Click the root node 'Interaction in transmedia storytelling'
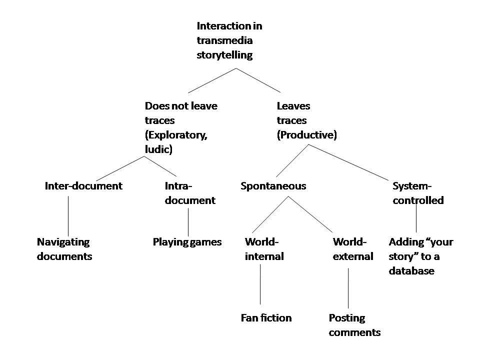[x=229, y=40]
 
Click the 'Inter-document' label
[x=83, y=186]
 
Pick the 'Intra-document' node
[x=189, y=193]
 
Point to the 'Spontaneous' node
[x=273, y=186]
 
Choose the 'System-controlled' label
[x=417, y=193]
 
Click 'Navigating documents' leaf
[x=64, y=249]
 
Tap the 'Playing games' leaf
[x=186, y=242]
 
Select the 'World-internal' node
[x=263, y=249]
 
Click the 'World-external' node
[x=352, y=249]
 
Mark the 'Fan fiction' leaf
[x=265, y=318]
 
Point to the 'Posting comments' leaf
[x=354, y=325]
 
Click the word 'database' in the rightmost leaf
[x=411, y=271]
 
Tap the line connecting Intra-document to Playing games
[x=188, y=222]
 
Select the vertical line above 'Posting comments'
[x=348, y=287]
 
